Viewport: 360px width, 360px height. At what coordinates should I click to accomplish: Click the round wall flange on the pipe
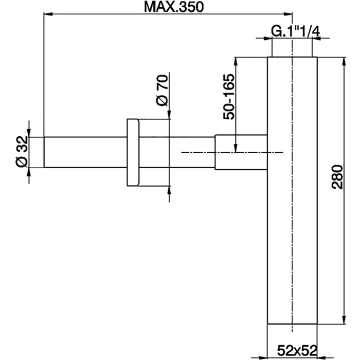(x=132, y=153)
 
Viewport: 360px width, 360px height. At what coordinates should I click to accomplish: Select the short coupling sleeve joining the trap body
(x=241, y=152)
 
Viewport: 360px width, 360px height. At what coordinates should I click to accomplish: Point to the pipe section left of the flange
(x=85, y=152)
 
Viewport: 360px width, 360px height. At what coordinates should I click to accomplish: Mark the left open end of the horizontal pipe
(x=44, y=152)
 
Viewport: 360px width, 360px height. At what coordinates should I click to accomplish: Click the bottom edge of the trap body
(x=292, y=324)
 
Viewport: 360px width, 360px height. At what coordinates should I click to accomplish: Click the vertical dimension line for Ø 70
(x=169, y=154)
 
